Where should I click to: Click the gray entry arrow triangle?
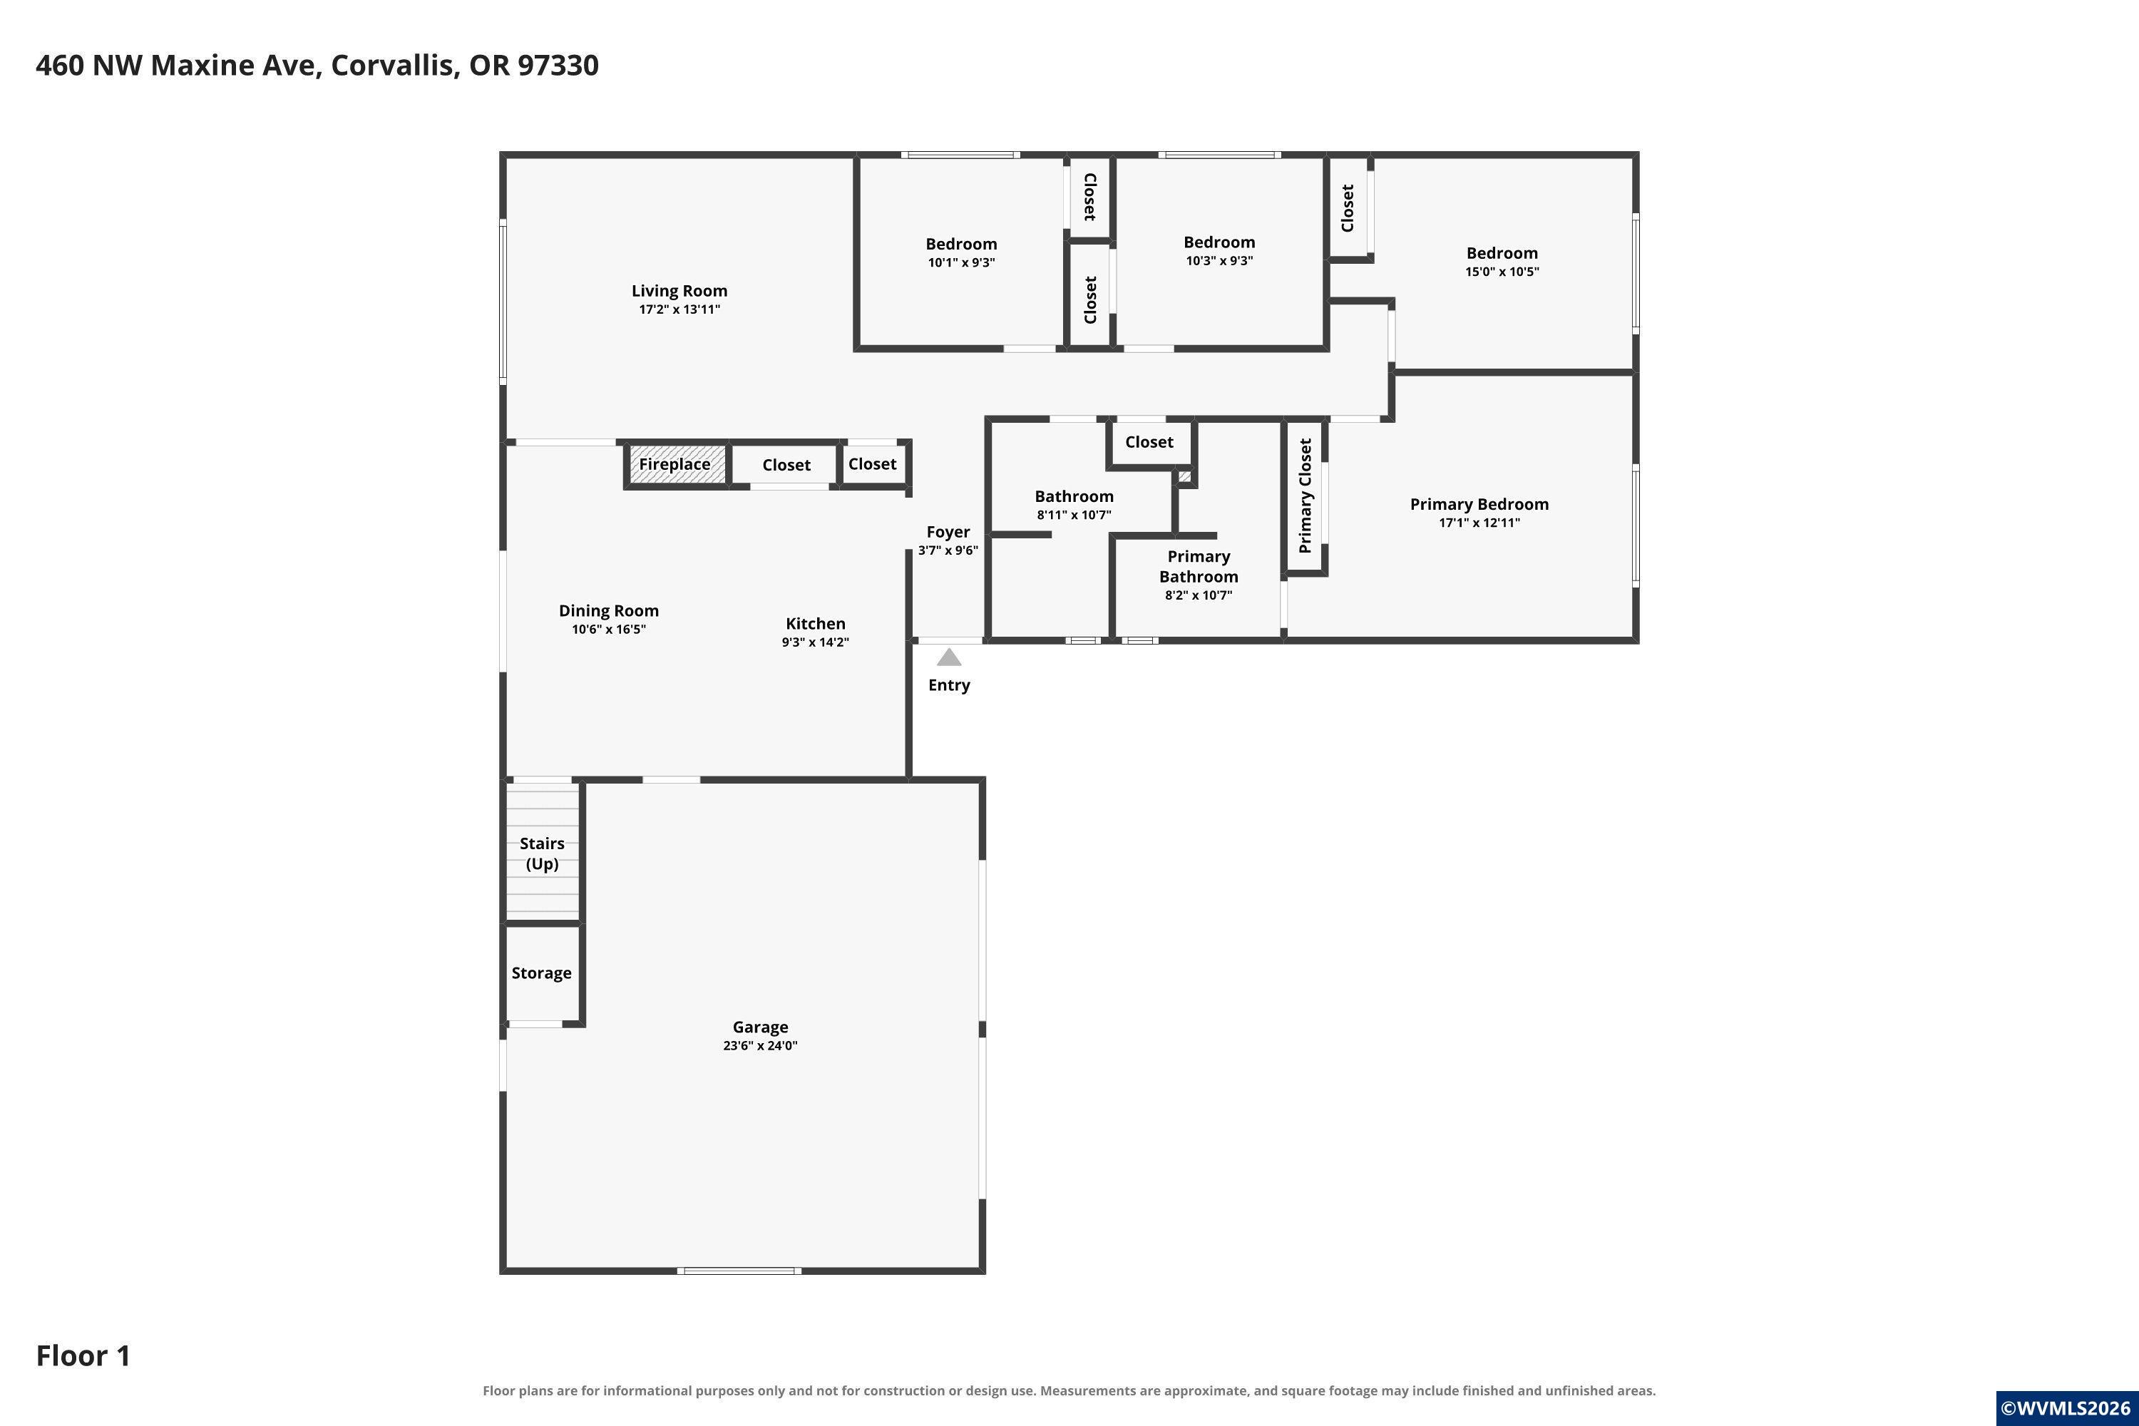click(948, 657)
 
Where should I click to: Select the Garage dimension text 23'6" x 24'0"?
click(760, 1046)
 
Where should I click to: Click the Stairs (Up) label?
click(542, 853)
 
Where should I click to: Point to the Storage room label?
click(541, 973)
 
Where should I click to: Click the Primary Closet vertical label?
click(1305, 496)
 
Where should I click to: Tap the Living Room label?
click(679, 291)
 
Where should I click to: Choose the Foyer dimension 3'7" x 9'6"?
click(948, 550)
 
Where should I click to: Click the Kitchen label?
click(816, 624)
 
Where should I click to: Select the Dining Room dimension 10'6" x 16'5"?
click(608, 630)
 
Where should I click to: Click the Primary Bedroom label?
click(1479, 505)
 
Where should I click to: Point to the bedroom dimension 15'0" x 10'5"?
click(1502, 272)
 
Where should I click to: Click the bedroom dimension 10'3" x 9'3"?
click(1219, 261)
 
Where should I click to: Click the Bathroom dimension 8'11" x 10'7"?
click(1074, 515)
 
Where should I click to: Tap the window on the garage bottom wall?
click(739, 1271)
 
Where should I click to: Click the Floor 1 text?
click(83, 1356)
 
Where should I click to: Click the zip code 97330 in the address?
click(558, 66)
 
